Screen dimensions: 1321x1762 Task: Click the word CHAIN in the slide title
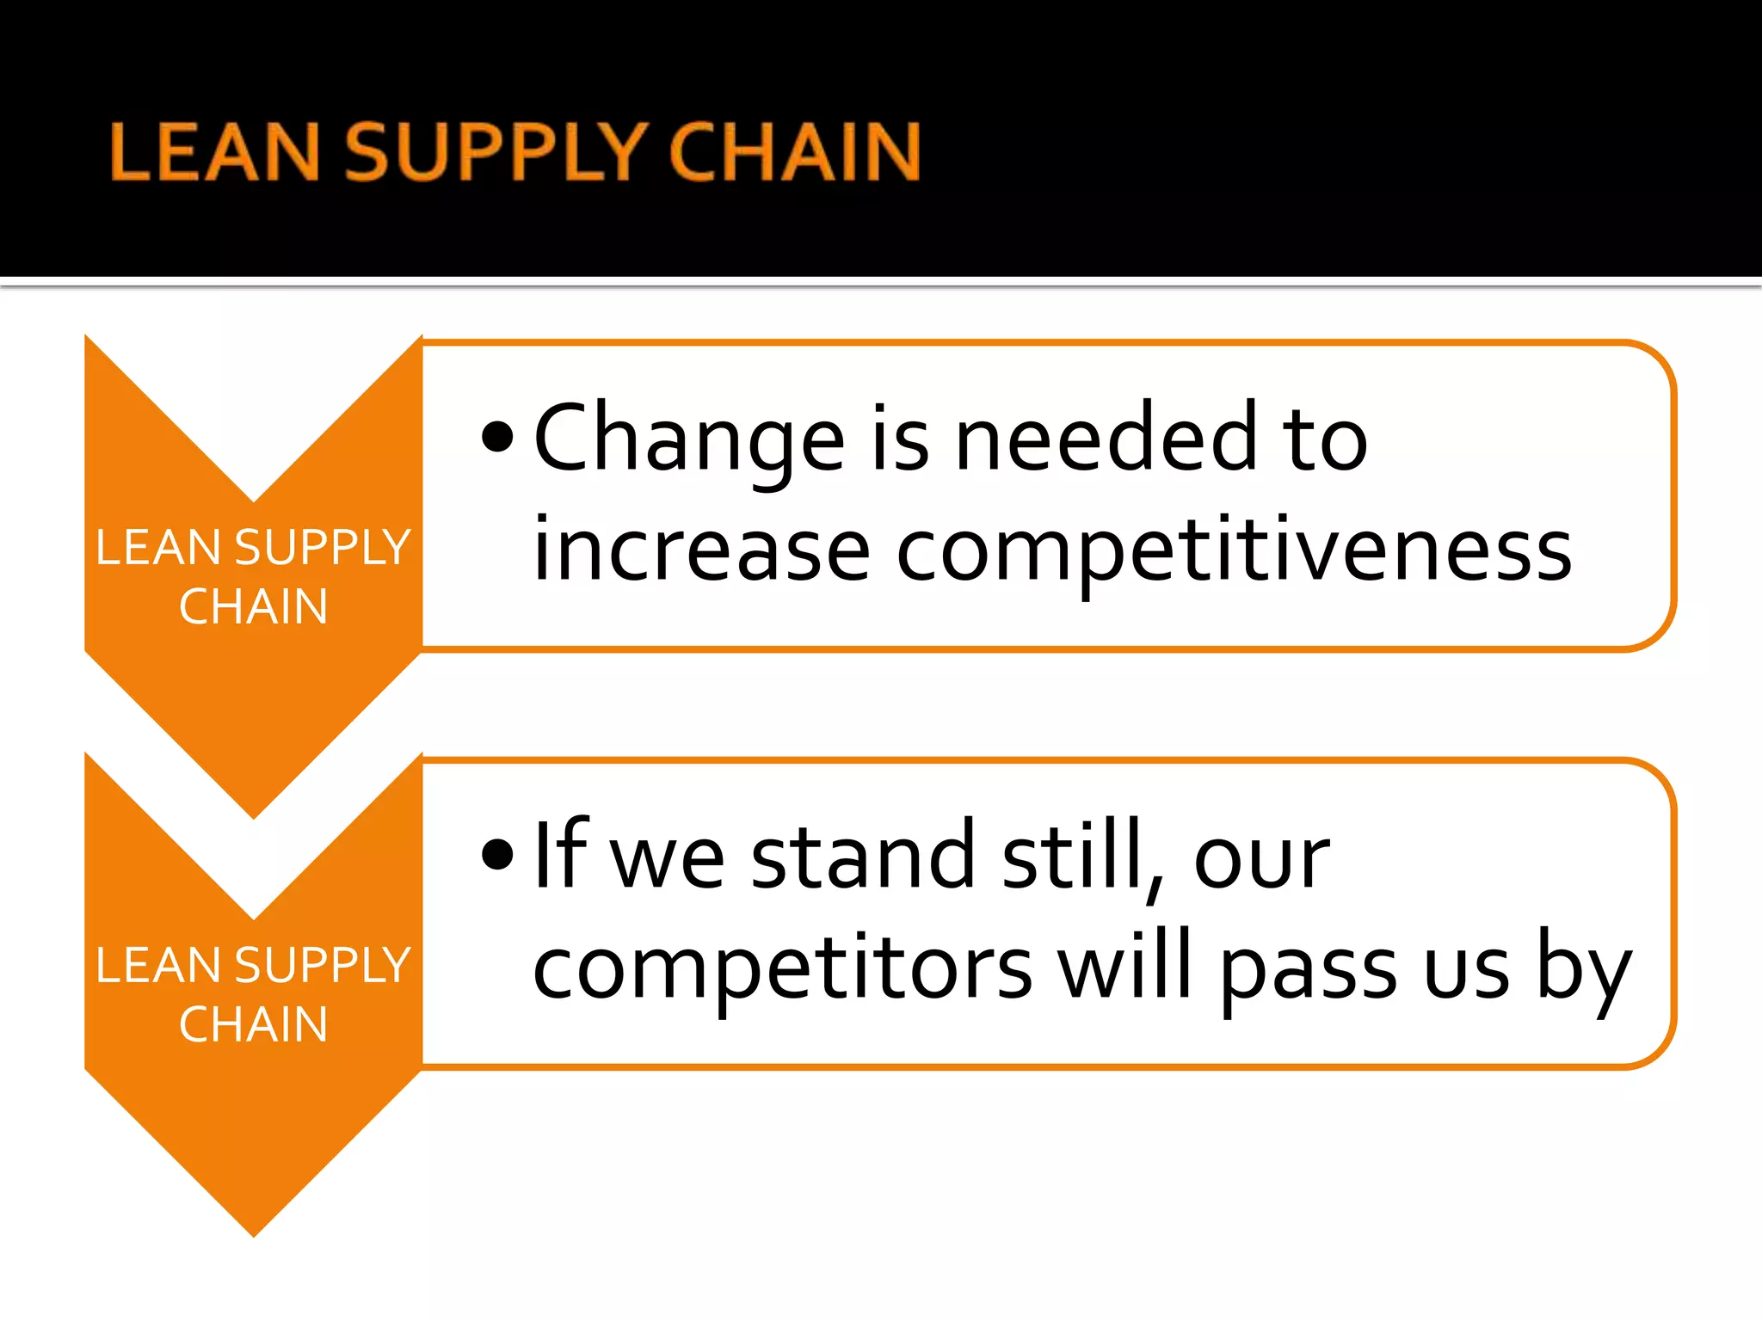(795, 152)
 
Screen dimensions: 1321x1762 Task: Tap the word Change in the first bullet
(689, 439)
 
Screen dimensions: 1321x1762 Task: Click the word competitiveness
(1234, 551)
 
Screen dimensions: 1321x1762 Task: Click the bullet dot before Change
(497, 437)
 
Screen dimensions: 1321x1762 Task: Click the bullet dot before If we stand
(497, 854)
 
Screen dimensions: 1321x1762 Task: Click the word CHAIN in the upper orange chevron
(254, 606)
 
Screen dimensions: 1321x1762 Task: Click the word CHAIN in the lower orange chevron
(254, 1024)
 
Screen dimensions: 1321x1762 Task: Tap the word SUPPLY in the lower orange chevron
(322, 965)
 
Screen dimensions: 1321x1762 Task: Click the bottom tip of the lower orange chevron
(254, 1232)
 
